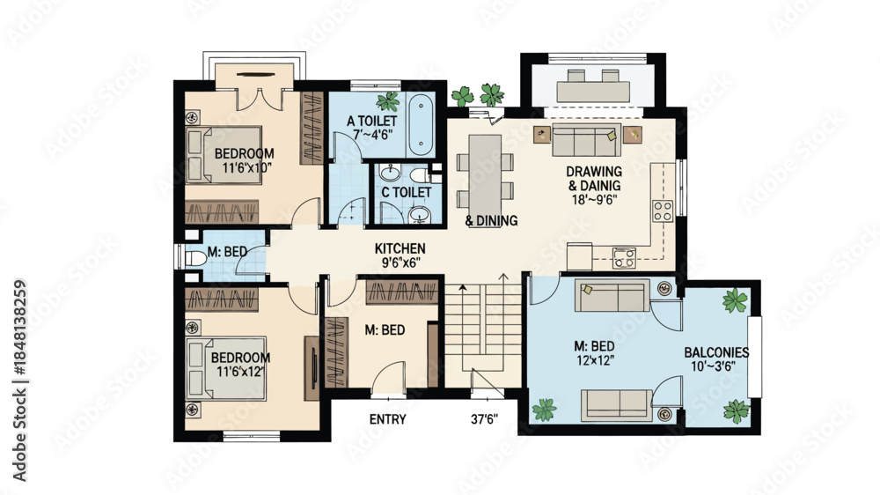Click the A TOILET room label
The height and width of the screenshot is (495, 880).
click(371, 121)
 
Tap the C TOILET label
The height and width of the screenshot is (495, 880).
click(407, 192)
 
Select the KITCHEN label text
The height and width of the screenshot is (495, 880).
click(400, 248)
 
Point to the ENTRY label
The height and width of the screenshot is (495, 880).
click(388, 419)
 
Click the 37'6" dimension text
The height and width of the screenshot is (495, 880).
click(484, 419)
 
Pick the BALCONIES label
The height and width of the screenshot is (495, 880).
click(716, 352)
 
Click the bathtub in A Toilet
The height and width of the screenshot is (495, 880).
click(421, 125)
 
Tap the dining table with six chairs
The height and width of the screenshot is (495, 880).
click(485, 173)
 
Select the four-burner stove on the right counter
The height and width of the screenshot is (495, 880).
click(663, 211)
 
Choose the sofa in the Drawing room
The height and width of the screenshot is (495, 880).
click(586, 140)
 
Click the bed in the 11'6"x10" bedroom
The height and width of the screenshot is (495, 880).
click(224, 155)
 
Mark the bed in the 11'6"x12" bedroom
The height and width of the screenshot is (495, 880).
click(226, 368)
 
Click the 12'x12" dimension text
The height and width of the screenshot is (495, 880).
click(594, 360)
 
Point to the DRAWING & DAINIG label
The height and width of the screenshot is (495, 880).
click(594, 179)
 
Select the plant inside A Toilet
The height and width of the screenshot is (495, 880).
click(388, 101)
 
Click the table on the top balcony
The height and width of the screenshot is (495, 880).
click(592, 92)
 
